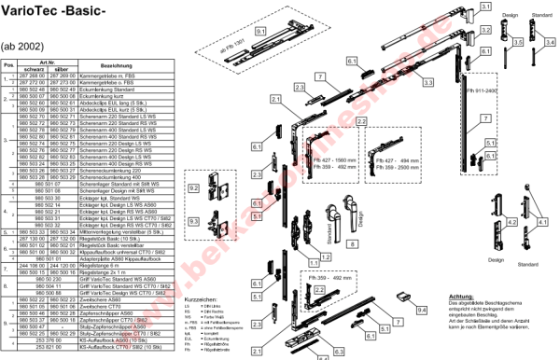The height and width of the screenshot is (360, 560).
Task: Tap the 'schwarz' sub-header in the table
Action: pyautogui.click(x=35, y=70)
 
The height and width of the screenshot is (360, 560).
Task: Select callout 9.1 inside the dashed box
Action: pyautogui.click(x=261, y=31)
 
